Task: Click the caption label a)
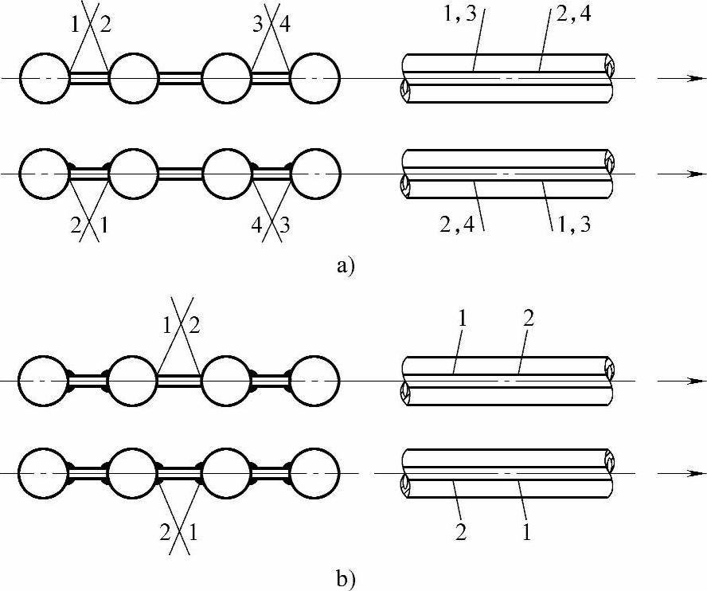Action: click(x=345, y=266)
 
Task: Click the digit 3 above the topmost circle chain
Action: click(x=258, y=25)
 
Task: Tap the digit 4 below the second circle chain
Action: click(x=256, y=225)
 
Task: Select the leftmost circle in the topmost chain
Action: click(x=45, y=78)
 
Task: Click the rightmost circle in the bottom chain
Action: click(x=314, y=474)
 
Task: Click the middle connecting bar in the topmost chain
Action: click(x=180, y=78)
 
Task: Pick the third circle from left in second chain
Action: click(x=228, y=174)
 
